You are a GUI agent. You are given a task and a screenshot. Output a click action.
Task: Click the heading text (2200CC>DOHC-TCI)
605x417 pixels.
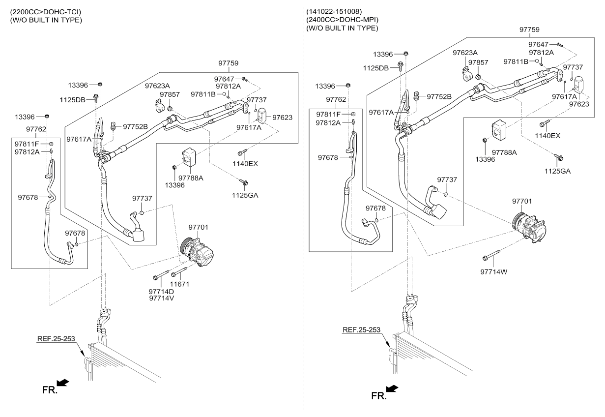tap(42, 11)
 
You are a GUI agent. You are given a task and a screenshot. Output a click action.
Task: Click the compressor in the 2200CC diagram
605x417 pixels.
tap(197, 251)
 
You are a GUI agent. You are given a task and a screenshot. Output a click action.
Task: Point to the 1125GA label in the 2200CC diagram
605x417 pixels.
tap(246, 195)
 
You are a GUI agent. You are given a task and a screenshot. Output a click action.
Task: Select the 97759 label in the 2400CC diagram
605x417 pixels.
tap(530, 30)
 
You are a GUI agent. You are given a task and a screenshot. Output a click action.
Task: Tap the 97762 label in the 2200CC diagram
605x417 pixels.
tap(36, 129)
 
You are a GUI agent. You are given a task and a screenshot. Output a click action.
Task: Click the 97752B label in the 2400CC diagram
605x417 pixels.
tap(439, 96)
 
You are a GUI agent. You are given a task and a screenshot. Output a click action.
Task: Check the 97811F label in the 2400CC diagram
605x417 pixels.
tap(328, 114)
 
